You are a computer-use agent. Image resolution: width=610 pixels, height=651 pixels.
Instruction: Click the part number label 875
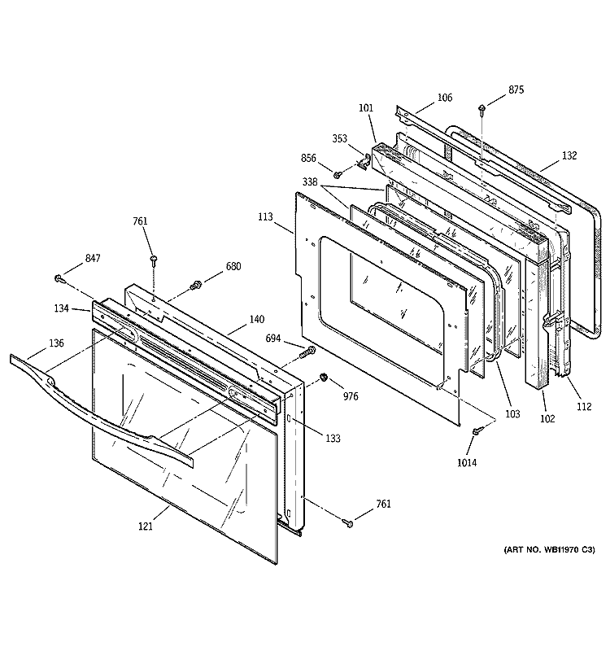pyautogui.click(x=517, y=90)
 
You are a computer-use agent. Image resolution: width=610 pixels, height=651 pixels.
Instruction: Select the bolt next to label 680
pyautogui.click(x=195, y=285)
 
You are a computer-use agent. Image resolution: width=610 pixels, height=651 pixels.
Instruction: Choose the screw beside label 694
pyautogui.click(x=309, y=351)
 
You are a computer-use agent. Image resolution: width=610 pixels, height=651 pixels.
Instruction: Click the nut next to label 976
pyautogui.click(x=323, y=378)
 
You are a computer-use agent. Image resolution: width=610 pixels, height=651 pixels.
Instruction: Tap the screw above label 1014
pyautogui.click(x=479, y=429)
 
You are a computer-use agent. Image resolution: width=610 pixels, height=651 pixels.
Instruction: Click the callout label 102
pyautogui.click(x=547, y=419)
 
